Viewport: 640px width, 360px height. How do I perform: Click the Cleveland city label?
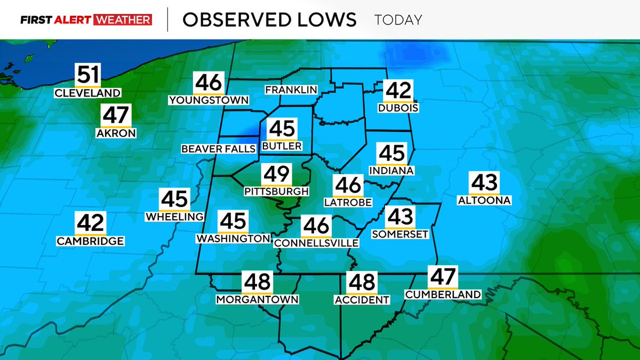click(x=88, y=93)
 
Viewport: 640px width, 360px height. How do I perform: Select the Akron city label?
click(x=116, y=133)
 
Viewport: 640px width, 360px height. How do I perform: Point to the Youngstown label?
click(x=209, y=100)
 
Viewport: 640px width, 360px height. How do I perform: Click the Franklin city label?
click(x=291, y=89)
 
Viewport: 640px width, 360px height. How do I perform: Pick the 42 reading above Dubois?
click(x=398, y=90)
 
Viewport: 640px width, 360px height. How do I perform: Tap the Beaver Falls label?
click(x=219, y=149)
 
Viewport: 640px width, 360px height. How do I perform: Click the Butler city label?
click(x=282, y=146)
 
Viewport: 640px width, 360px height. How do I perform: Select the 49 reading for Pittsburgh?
click(x=276, y=174)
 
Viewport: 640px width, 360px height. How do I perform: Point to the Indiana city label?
click(x=391, y=171)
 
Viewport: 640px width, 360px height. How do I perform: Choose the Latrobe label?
click(x=348, y=203)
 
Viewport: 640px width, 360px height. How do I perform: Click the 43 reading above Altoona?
click(x=484, y=182)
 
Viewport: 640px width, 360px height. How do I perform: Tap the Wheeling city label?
click(x=174, y=217)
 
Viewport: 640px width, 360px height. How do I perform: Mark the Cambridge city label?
click(x=91, y=241)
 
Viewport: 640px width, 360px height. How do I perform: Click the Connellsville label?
click(x=316, y=243)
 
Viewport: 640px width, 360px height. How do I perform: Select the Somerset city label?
click(x=400, y=234)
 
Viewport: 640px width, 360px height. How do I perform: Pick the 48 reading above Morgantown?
click(x=257, y=281)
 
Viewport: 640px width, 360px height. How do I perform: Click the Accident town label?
click(x=362, y=300)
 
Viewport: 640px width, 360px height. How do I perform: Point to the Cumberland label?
click(x=443, y=294)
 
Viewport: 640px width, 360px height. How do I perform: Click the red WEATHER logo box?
click(x=123, y=20)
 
